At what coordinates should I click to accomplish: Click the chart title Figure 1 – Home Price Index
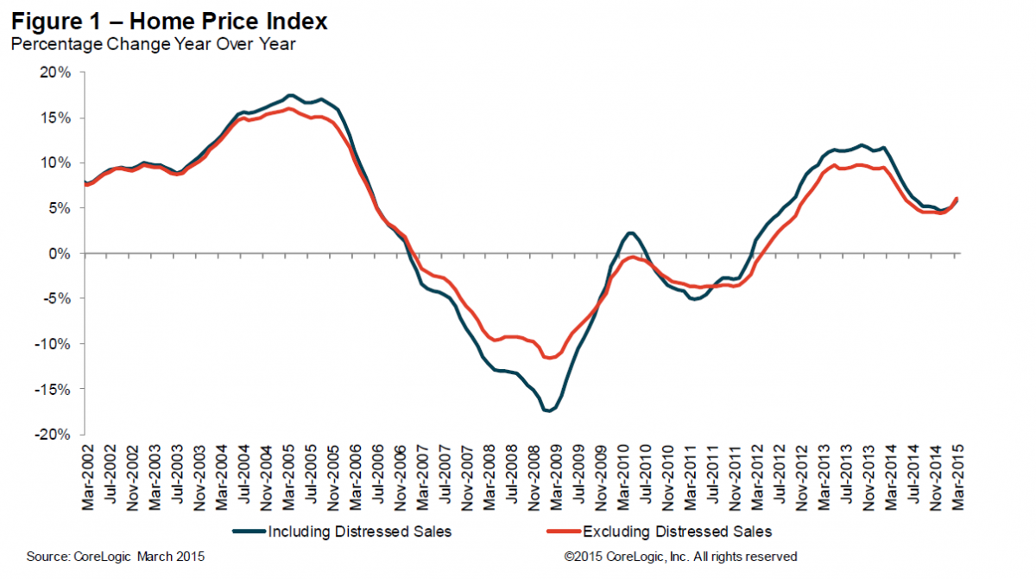(169, 20)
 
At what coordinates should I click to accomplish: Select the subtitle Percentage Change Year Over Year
(153, 44)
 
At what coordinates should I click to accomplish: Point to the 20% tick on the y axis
(54, 73)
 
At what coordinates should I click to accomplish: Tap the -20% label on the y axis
(53, 435)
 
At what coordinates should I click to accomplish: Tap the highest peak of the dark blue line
(290, 95)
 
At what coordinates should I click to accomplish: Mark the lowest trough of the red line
(547, 358)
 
